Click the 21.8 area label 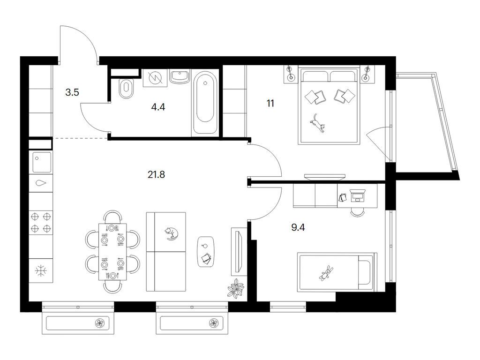(x=156, y=174)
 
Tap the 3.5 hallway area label (x=72, y=92)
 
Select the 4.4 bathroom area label (x=158, y=107)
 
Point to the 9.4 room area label (x=298, y=227)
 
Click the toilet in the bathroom (x=126, y=89)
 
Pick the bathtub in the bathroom (x=205, y=103)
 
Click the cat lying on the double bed (x=317, y=123)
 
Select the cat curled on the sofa (x=172, y=233)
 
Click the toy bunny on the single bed (x=326, y=273)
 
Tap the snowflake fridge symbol (x=41, y=271)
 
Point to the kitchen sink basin (x=41, y=163)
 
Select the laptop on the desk (x=357, y=195)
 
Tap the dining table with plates (x=112, y=252)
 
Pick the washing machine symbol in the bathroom (x=155, y=78)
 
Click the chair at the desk (x=357, y=212)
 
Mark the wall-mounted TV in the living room (x=238, y=251)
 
